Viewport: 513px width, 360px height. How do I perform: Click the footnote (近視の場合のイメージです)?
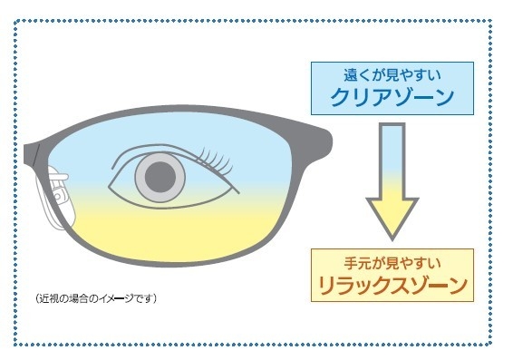click(96, 297)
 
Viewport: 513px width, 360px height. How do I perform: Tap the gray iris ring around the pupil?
click(144, 178)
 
